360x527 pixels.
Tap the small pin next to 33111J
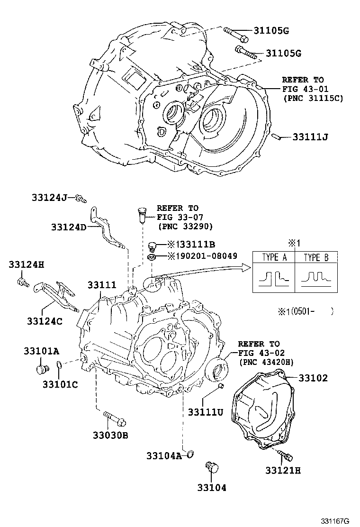coord(279,137)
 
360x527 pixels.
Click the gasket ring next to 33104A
coord(191,455)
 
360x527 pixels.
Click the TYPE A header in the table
coord(274,258)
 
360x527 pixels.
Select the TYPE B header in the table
coord(316,258)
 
